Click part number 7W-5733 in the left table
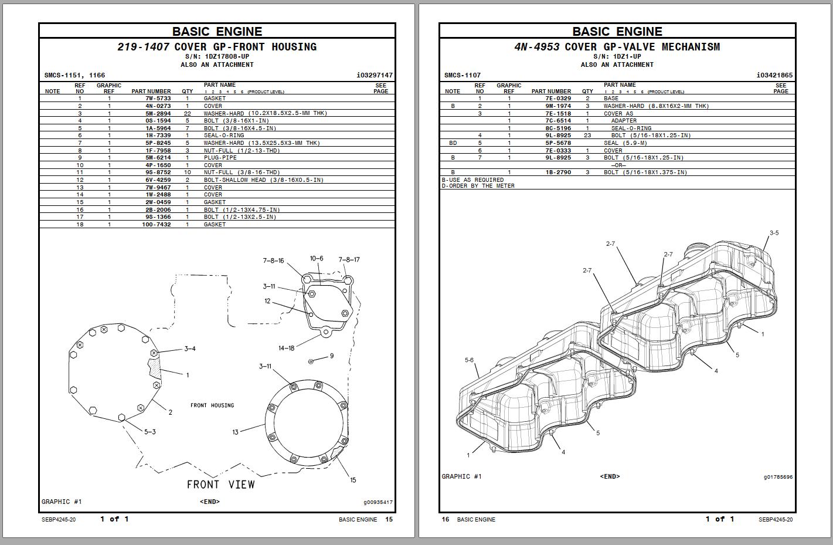click(x=158, y=99)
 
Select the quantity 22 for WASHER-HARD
click(x=187, y=113)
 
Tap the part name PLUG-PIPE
click(x=220, y=158)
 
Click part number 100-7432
click(x=157, y=225)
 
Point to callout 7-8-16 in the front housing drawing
click(x=273, y=260)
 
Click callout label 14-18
click(x=286, y=348)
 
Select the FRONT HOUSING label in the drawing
click(x=212, y=405)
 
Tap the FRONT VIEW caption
click(x=220, y=485)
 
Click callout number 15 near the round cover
click(x=353, y=480)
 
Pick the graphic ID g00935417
click(x=378, y=502)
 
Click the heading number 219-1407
click(x=144, y=47)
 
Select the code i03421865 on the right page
click(x=774, y=76)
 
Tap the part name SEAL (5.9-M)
click(x=625, y=143)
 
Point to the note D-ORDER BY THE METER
click(x=478, y=186)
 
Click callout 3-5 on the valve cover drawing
click(x=774, y=233)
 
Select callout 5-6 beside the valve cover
click(x=469, y=360)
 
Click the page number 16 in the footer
click(x=445, y=519)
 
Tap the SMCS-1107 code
click(x=462, y=76)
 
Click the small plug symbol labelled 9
click(x=311, y=361)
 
